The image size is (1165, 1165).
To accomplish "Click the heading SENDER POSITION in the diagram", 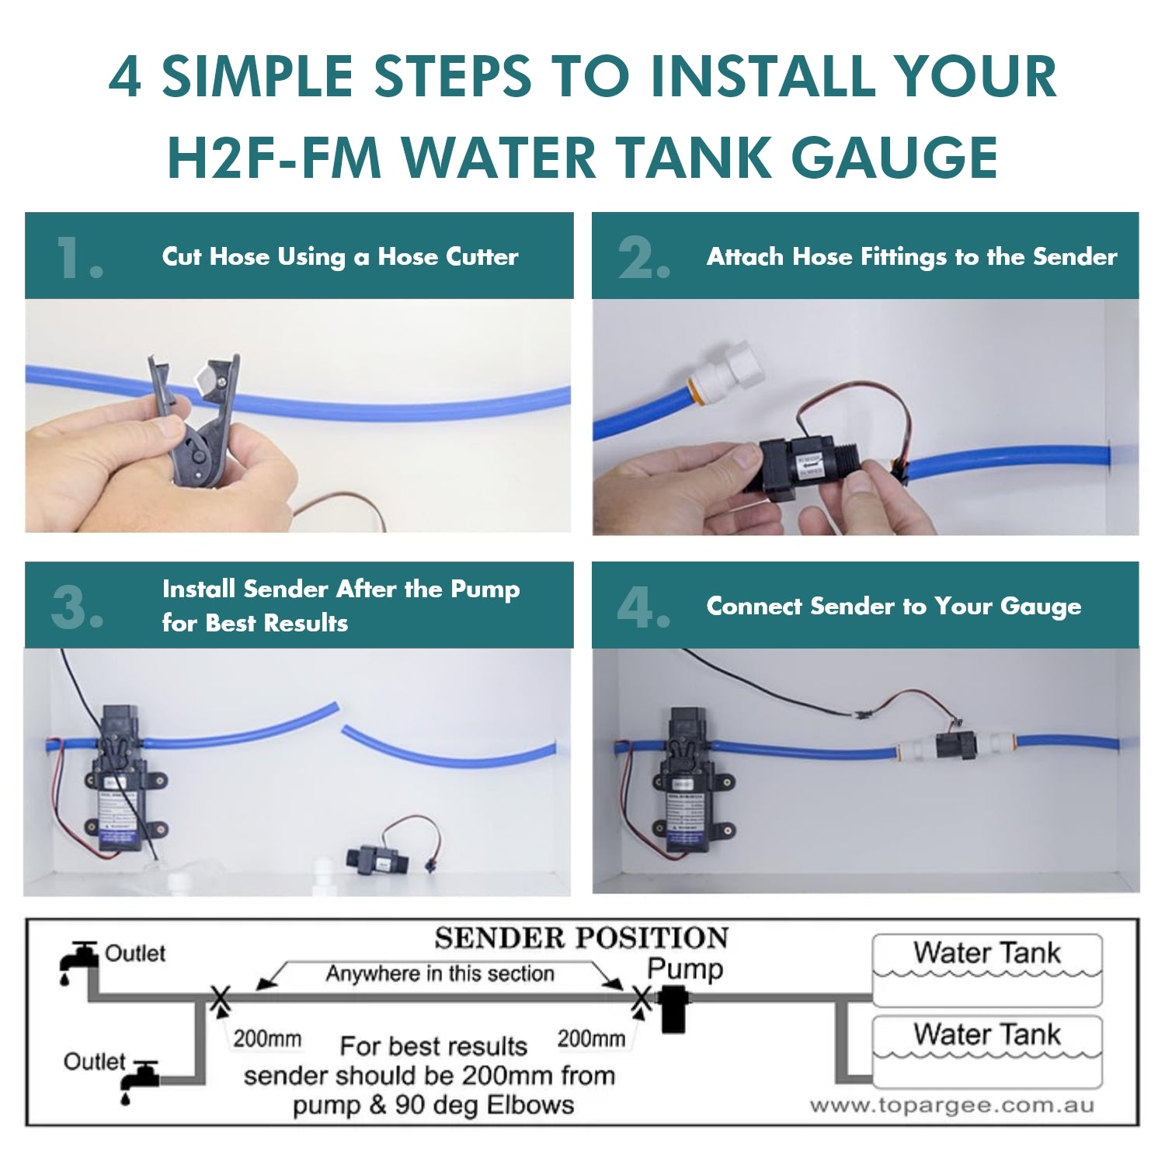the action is click(x=582, y=938).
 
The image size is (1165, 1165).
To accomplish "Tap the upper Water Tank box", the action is click(x=987, y=970).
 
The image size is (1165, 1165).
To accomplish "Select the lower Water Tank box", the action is click(x=987, y=1051).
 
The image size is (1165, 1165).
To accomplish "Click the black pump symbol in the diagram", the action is click(x=673, y=1008).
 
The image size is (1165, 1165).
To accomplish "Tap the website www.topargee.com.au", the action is click(x=951, y=1106).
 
